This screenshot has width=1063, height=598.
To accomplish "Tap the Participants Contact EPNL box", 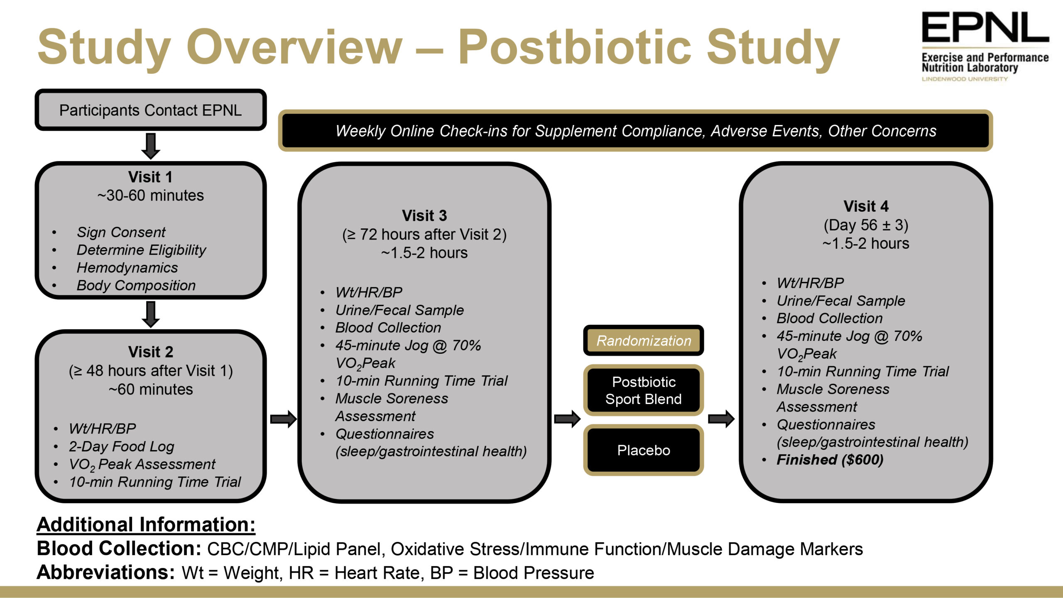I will click(150, 110).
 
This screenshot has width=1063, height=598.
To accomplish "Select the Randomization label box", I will click(643, 341).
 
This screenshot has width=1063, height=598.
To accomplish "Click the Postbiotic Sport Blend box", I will click(643, 390).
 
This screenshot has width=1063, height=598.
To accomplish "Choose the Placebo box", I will click(643, 450).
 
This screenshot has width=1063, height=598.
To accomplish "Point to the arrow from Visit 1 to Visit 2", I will click(150, 314).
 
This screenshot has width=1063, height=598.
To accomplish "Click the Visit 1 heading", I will click(150, 177).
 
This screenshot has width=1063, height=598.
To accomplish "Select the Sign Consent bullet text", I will click(121, 232).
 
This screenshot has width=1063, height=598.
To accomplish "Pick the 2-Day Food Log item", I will click(121, 446).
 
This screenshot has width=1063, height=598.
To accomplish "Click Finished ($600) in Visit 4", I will click(830, 460).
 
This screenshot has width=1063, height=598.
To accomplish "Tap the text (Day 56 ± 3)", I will click(866, 225).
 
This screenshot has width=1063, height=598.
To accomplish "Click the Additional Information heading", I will click(146, 524).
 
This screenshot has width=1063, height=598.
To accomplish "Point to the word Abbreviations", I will click(105, 572).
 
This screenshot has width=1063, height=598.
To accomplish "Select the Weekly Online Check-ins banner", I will click(635, 131).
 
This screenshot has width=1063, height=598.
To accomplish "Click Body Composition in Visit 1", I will click(136, 285).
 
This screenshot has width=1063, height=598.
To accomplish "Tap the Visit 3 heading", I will click(424, 216).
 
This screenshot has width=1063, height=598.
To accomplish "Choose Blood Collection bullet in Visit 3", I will click(388, 328).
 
